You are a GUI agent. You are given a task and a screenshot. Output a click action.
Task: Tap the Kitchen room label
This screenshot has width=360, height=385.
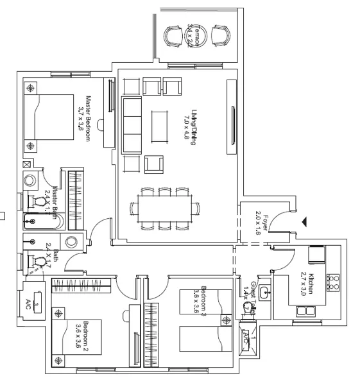point(307,282)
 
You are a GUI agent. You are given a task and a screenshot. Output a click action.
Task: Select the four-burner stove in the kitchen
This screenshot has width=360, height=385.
point(333,280)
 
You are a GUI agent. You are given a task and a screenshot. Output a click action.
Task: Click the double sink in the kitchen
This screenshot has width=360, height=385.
point(305,312)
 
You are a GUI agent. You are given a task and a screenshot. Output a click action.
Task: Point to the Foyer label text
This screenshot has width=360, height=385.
point(259,222)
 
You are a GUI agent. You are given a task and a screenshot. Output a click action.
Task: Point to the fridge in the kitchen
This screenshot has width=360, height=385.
point(316,255)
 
